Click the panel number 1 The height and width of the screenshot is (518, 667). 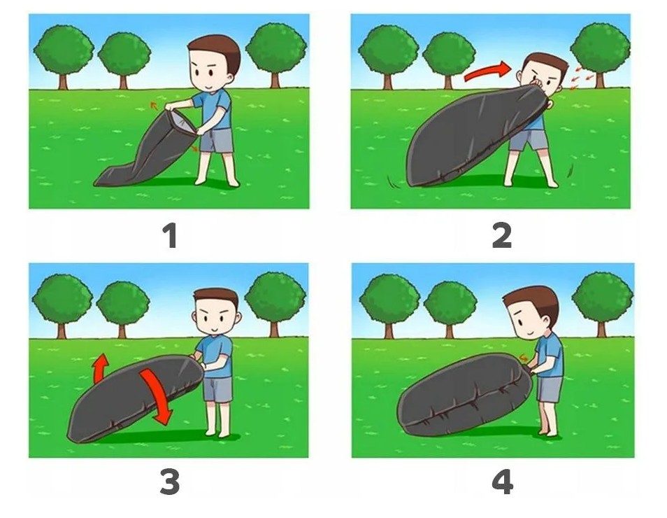point(171,236)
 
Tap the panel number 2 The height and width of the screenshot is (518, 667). point(501,236)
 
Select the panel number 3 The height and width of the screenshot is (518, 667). point(170,482)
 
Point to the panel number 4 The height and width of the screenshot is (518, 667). point(503,482)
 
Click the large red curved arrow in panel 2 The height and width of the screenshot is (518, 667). point(487,71)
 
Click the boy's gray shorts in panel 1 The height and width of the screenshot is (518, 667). point(217,140)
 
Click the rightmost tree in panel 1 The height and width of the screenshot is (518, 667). point(276,55)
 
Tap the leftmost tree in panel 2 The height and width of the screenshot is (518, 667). point(387,57)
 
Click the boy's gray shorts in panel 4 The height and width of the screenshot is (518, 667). point(550,389)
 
